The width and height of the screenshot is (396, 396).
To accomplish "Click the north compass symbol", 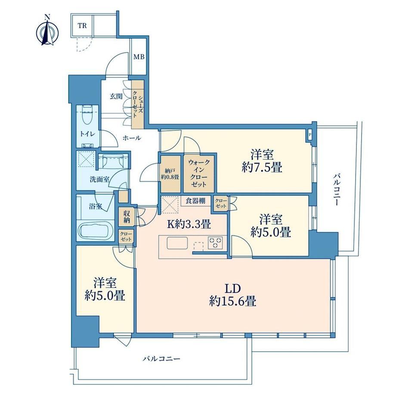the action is click(47, 31).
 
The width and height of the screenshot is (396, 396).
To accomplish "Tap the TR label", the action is click(82, 26).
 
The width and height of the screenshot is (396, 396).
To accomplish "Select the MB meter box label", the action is click(139, 57).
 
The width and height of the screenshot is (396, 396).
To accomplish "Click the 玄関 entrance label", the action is click(116, 96).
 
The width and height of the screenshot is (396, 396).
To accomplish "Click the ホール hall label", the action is click(132, 138).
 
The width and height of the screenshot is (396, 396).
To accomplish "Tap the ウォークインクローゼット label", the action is click(199, 173).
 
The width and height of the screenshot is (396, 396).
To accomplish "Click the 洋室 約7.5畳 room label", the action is click(262, 161).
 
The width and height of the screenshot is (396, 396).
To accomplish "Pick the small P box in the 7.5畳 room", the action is click(309, 135).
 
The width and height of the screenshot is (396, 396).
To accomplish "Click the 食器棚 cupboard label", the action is click(195, 201).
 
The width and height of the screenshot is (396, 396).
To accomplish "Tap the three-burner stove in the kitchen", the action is click(215, 243).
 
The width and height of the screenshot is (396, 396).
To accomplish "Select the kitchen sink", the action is click(177, 243).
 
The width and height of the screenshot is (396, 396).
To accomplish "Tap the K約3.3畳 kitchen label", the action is click(189, 224).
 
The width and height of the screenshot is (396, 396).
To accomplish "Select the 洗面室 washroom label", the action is click(99, 179).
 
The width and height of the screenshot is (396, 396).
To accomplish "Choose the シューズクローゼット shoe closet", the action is click(138, 104).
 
